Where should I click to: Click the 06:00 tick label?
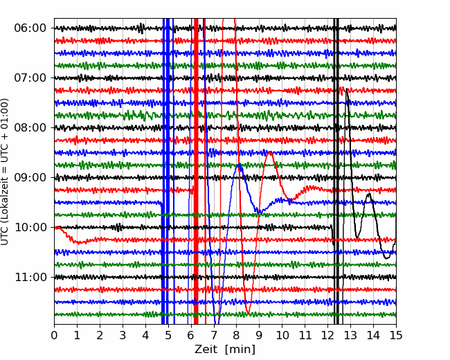coord(30,28)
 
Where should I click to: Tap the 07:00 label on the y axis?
coord(30,78)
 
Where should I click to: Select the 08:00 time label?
coord(30,127)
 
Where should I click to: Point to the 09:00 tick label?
coord(30,177)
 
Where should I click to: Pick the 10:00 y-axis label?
coord(30,227)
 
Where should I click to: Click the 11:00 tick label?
coord(30,278)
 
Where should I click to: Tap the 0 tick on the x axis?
coord(54,335)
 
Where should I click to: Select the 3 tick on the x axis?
coord(123,335)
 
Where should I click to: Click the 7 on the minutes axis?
coord(214,335)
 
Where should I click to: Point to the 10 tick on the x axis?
coord(282,335)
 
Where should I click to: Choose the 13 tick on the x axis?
coord(350,335)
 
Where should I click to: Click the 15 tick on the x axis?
coord(396,335)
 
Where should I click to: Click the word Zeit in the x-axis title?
coord(206,349)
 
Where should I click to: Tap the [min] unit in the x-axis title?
coord(240,350)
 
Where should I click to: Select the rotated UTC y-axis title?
coord(4,172)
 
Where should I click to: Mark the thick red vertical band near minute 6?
coord(196,171)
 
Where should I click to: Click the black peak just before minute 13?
coord(347,89)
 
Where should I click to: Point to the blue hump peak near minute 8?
coord(239,165)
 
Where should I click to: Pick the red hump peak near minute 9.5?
coord(270,152)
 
